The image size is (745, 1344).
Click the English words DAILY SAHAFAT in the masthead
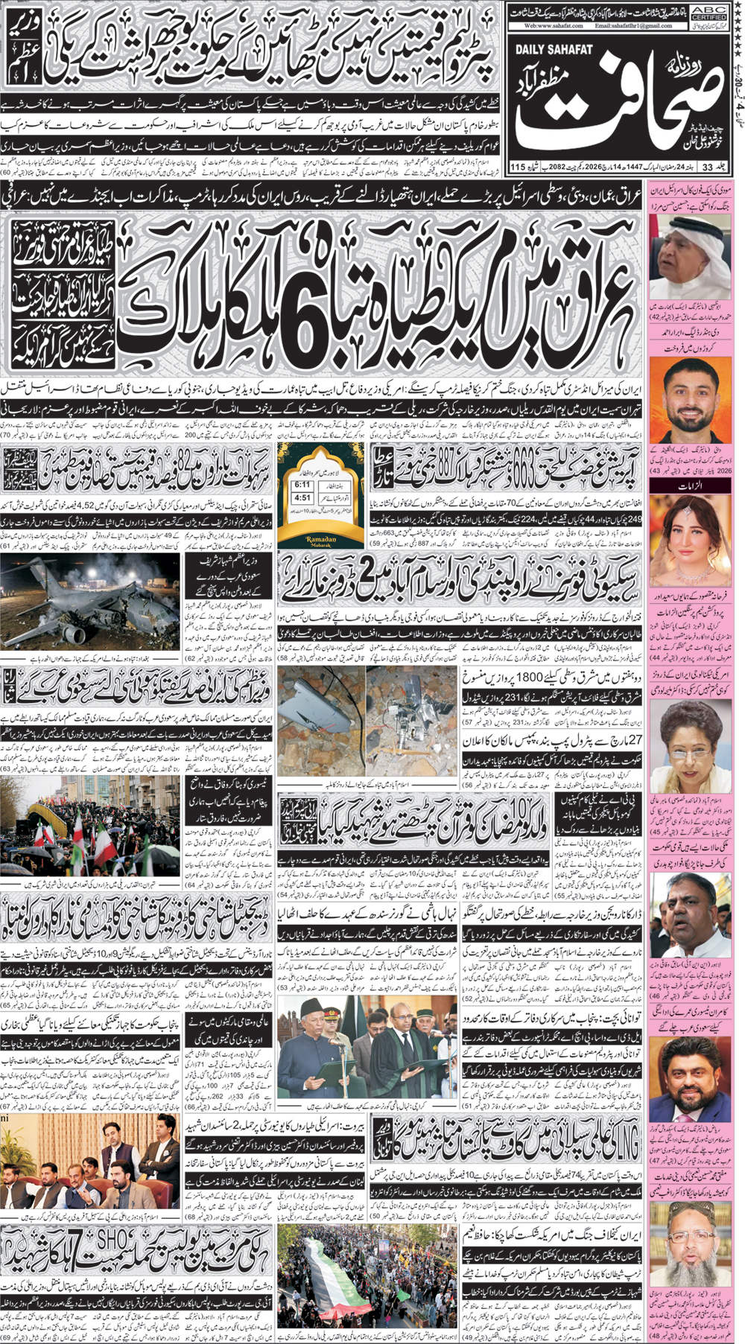(554, 49)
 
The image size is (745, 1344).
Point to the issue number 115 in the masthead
(519, 166)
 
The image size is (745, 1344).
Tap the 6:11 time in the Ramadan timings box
(302, 485)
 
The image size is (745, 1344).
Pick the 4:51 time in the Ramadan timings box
(302, 498)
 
